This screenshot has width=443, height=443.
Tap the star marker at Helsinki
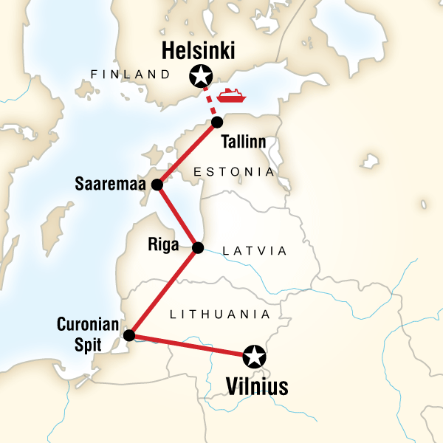[x=199, y=75]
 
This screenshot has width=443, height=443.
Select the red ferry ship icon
[x=231, y=96]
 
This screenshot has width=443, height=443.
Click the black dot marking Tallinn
[x=216, y=122]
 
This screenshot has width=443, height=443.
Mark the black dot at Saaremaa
[x=157, y=185]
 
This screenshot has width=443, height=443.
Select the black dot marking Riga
[x=197, y=248]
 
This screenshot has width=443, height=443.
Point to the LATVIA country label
[x=255, y=251]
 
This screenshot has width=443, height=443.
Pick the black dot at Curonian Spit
[x=129, y=335]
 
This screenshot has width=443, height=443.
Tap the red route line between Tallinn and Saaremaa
[x=186, y=154]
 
